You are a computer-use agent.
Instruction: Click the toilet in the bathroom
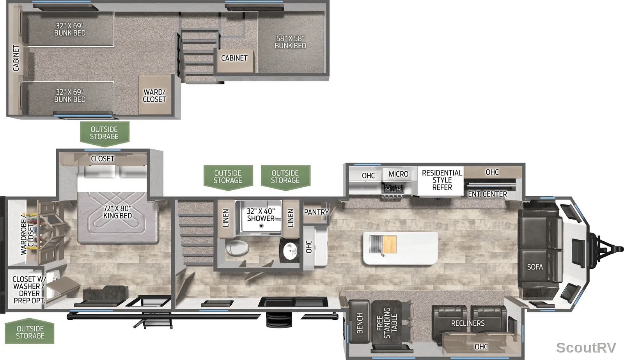[237, 247]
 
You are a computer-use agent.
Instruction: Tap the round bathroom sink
[290, 251]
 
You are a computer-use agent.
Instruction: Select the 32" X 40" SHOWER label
[261, 215]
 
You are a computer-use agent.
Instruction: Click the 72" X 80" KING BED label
[117, 212]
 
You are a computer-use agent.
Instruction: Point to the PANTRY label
[316, 212]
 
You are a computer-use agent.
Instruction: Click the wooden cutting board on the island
[390, 245]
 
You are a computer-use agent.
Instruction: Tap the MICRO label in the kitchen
[398, 174]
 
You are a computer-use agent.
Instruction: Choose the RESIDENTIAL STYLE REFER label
[442, 180]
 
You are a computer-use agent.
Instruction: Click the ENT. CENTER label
[487, 194]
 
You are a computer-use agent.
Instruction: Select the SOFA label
[535, 267]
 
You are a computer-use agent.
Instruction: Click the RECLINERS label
[468, 323]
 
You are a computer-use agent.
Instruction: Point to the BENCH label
[360, 323]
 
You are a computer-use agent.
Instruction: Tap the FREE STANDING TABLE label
[387, 323]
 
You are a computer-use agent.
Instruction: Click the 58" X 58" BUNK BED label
[290, 42]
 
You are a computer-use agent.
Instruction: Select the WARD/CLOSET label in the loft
[154, 96]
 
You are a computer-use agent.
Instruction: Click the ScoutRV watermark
[586, 348]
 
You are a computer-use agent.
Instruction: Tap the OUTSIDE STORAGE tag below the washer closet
[30, 332]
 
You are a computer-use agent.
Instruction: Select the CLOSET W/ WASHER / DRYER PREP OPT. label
[29, 290]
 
